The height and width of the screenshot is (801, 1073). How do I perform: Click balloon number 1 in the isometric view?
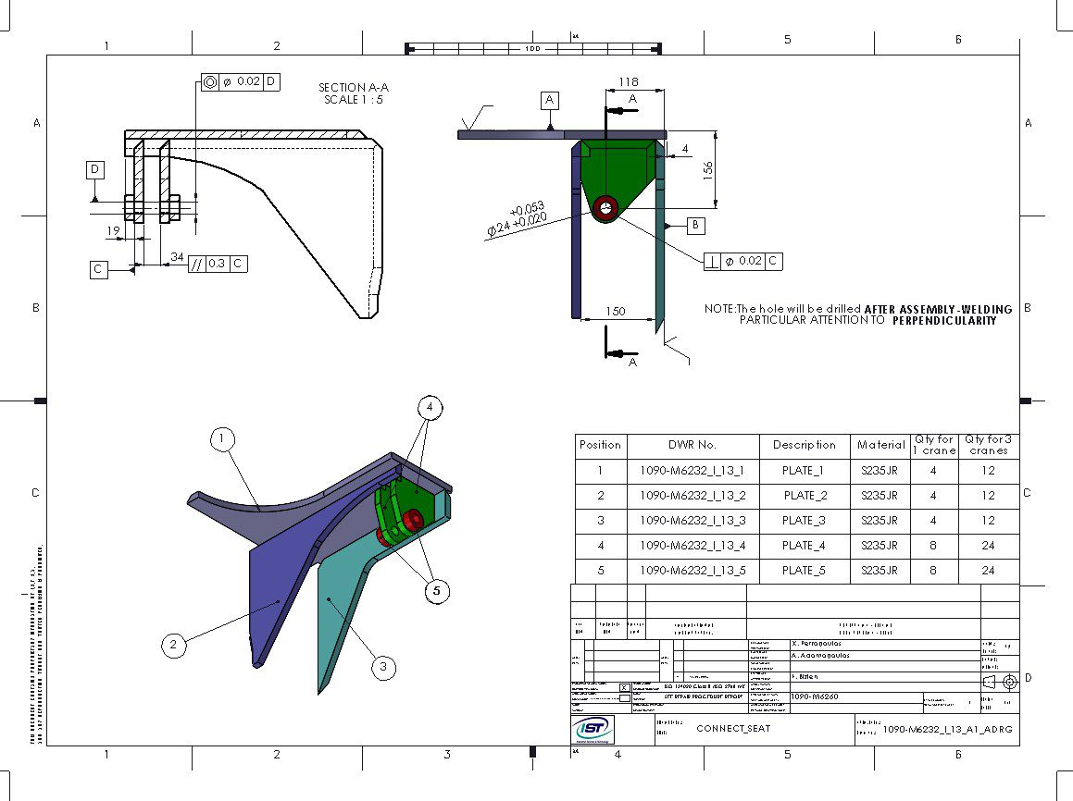222,439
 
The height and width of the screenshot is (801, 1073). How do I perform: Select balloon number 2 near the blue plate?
174,645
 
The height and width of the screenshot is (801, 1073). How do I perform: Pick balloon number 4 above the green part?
430,407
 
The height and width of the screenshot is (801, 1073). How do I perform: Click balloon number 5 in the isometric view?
437,591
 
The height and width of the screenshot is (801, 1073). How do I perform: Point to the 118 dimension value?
628,82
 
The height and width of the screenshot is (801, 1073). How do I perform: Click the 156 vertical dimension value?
708,170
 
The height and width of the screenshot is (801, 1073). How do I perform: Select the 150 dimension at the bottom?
616,312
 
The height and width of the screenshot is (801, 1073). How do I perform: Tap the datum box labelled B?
695,224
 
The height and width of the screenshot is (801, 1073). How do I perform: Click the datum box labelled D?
94,169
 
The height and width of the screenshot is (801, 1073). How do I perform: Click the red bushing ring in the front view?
606,208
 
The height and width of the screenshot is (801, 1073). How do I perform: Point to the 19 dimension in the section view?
113,231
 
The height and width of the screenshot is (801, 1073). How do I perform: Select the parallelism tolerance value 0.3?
217,264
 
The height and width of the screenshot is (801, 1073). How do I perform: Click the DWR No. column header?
692,445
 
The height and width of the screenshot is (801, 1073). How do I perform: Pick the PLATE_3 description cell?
804,521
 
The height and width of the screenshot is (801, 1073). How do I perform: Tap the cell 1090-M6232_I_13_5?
692,571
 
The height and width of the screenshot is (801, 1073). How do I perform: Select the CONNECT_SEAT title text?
733,728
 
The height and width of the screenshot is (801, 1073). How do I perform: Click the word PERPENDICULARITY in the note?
944,321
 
